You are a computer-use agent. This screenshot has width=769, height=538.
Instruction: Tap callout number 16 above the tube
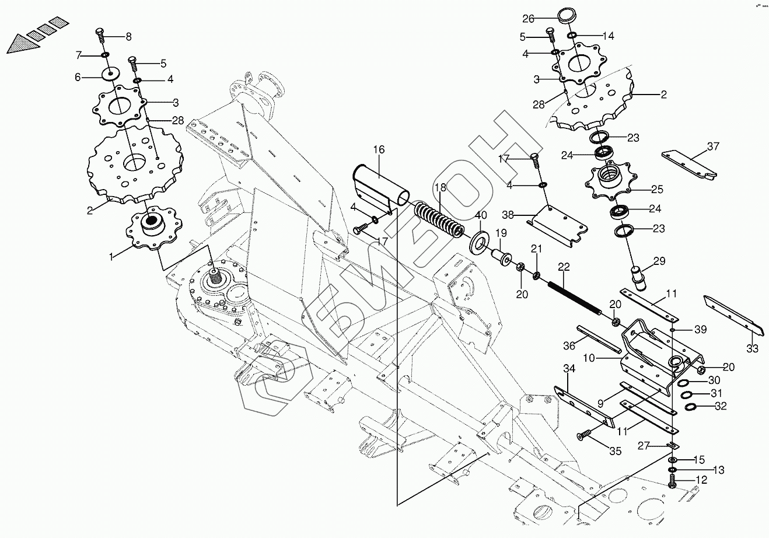[x=379, y=151]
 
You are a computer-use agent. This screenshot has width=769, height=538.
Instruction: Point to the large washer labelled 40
[x=479, y=239]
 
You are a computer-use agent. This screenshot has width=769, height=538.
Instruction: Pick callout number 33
[x=752, y=349]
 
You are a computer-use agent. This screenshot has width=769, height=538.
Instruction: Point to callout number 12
[x=701, y=480]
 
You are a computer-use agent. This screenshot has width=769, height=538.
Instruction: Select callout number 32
[x=721, y=406]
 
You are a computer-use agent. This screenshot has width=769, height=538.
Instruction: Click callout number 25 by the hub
[x=657, y=189]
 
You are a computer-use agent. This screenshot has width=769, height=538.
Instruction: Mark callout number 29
[x=659, y=261]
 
